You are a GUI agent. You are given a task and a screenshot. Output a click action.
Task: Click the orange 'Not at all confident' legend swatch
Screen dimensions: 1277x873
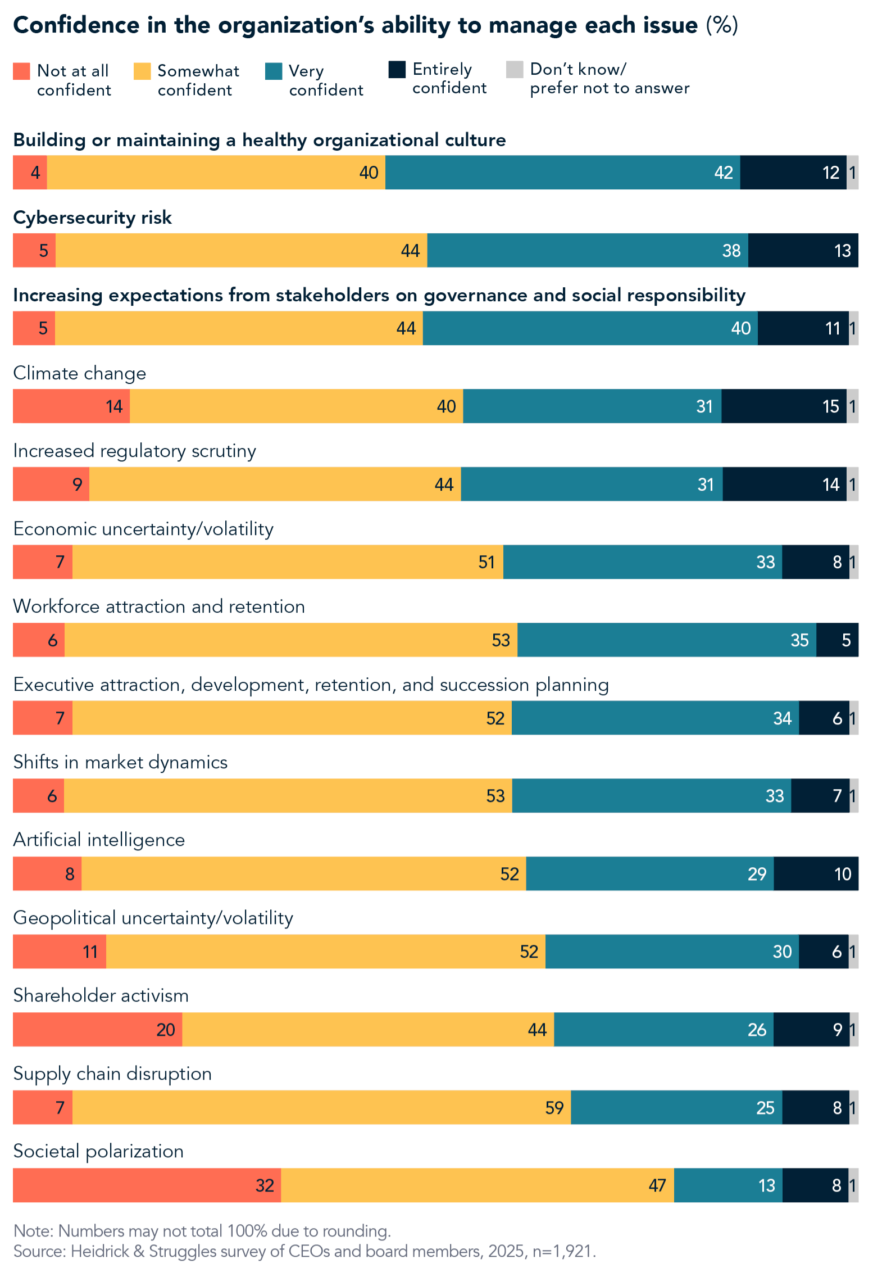click(x=21, y=71)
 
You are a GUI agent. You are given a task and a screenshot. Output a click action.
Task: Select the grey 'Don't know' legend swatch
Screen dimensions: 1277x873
click(x=514, y=70)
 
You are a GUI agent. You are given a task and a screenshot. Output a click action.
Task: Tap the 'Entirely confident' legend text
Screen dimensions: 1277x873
click(x=449, y=79)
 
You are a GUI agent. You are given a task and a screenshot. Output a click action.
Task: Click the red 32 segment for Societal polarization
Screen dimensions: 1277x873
click(x=146, y=1185)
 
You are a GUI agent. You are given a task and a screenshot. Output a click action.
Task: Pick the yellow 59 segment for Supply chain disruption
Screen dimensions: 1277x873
click(x=321, y=1107)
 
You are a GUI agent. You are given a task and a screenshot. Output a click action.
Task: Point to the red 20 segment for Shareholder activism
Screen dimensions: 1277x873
click(x=97, y=1029)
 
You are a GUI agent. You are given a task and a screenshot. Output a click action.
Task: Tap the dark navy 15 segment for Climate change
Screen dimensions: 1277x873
click(x=783, y=406)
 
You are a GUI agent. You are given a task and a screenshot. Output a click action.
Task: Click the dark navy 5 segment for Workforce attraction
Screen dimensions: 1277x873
click(x=836, y=640)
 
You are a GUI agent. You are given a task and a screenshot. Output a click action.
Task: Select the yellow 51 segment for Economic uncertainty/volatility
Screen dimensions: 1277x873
click(x=287, y=561)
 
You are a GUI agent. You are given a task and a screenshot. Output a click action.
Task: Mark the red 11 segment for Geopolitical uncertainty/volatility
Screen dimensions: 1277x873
click(x=59, y=951)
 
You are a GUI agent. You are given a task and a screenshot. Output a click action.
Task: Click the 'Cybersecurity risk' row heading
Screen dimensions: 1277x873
click(x=92, y=218)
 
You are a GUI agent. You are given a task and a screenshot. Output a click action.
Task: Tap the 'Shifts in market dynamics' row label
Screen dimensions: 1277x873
click(x=120, y=762)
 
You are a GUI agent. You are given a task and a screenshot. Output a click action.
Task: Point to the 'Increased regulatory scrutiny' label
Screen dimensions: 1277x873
click(x=134, y=451)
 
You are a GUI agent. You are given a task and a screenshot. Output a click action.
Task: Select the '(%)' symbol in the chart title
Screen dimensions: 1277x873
click(x=722, y=25)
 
